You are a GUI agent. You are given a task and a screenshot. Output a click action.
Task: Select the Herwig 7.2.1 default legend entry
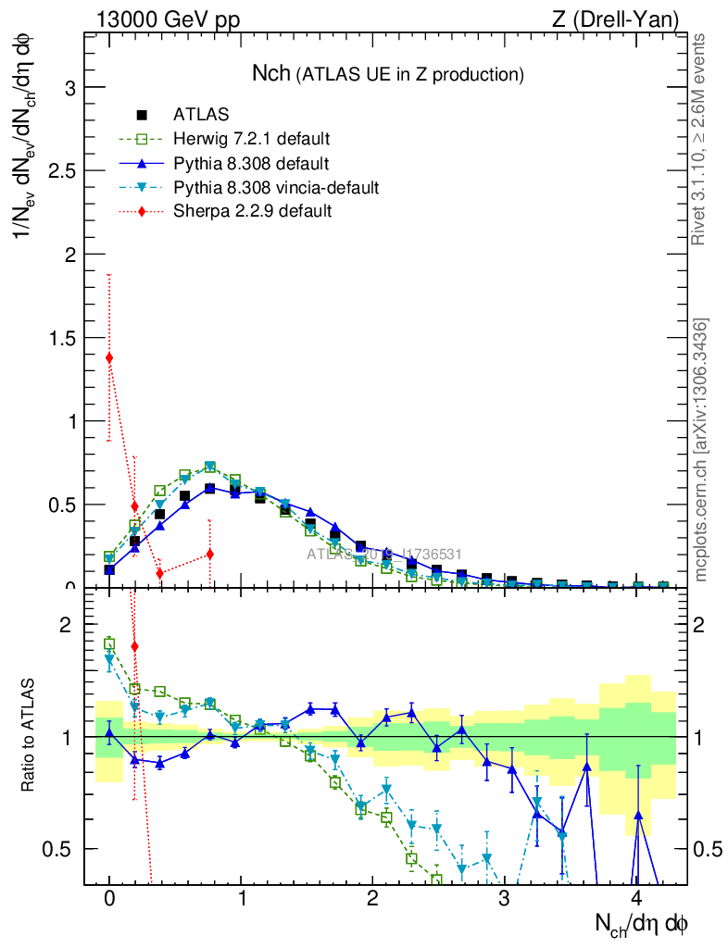pos(251,140)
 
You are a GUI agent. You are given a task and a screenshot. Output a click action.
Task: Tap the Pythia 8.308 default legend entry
pos(250,164)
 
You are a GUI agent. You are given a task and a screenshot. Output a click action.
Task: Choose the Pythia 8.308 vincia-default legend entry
pos(275,188)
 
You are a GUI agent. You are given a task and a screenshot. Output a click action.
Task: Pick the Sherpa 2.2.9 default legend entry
pos(252,211)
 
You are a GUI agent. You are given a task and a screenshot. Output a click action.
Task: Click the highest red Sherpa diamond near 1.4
pos(109,357)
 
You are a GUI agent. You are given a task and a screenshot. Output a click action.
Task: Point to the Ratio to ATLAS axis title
pos(29,737)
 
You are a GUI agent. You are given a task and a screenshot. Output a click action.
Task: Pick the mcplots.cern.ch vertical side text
pos(701,450)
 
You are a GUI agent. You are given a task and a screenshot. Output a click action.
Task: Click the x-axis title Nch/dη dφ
pos(641,923)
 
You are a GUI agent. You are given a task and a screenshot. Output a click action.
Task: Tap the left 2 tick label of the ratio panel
pos(65,625)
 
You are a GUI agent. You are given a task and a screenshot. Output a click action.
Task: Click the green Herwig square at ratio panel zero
pos(109,643)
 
